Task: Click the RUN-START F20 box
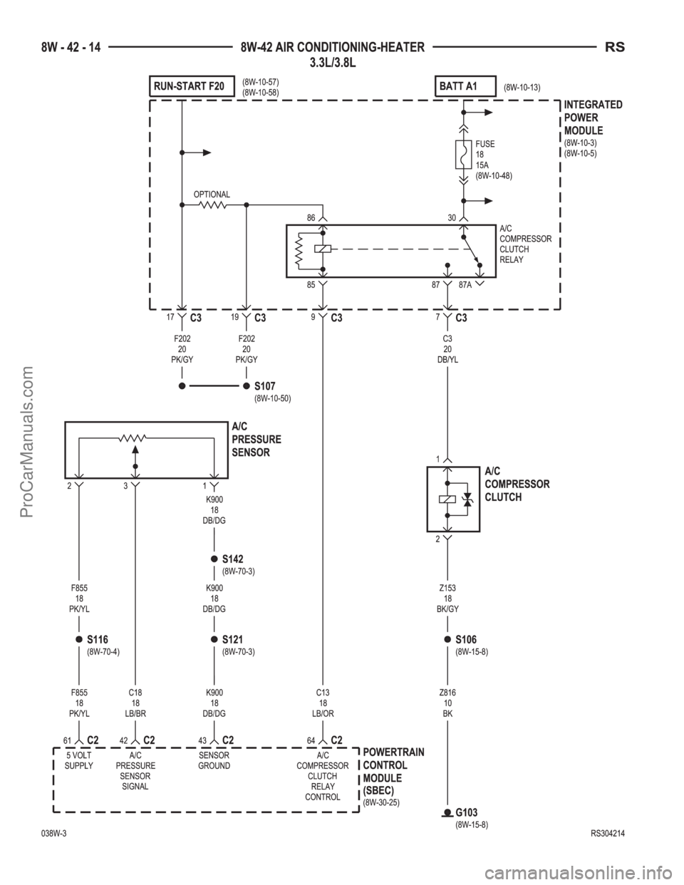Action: point(192,86)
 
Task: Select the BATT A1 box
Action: point(465,86)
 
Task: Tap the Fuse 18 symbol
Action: point(463,155)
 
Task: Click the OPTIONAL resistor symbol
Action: point(213,205)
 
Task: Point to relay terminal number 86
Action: point(311,218)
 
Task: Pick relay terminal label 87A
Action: point(465,285)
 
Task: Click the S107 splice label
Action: point(264,385)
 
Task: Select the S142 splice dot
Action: point(214,559)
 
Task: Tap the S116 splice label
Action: point(98,639)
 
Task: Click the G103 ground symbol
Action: point(447,813)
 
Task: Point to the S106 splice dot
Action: point(447,639)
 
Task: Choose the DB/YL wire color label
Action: point(447,360)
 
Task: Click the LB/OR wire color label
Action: point(323,713)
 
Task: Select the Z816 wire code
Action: point(447,693)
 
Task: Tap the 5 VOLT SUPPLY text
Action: point(78,760)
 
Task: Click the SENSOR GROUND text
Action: point(214,760)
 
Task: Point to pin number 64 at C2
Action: point(311,740)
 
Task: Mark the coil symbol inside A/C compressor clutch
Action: point(447,500)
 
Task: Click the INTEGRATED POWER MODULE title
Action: point(594,118)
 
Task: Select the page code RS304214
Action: point(608,834)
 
